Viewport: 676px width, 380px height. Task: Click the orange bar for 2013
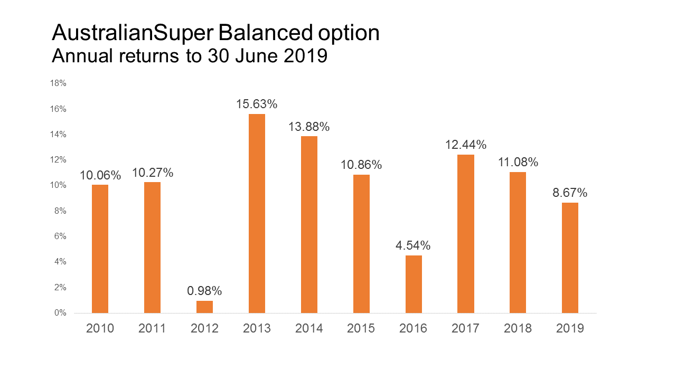[257, 213]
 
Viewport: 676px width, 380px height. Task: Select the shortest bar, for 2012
[204, 307]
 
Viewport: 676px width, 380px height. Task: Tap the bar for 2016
[414, 284]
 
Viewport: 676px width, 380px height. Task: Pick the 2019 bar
[570, 258]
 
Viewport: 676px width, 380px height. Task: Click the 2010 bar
[100, 249]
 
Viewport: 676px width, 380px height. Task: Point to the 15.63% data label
[257, 104]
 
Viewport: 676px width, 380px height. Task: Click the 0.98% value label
[204, 291]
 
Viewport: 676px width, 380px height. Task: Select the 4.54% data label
[414, 245]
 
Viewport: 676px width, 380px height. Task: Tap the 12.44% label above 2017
[466, 145]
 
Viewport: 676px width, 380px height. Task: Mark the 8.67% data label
[570, 193]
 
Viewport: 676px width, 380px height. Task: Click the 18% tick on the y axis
[59, 83]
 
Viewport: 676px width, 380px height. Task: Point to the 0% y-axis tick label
[61, 313]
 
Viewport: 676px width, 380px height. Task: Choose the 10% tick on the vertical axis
[59, 185]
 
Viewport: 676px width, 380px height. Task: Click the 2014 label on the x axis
[309, 328]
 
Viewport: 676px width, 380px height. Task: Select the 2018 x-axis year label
[518, 328]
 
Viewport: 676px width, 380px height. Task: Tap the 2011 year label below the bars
[152, 328]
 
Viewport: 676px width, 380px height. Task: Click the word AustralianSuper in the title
[133, 33]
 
